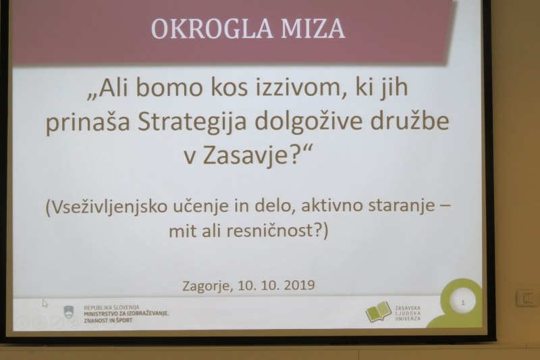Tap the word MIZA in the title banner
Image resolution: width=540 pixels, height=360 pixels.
pos(313,28)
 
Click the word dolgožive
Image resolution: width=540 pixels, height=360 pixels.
pos(308,122)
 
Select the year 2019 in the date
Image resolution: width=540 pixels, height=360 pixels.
pos(299,285)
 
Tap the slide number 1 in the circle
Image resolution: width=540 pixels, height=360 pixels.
pos(463,303)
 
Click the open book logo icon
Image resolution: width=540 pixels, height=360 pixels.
pos(379,312)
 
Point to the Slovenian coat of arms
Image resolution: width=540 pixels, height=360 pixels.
pos(69,312)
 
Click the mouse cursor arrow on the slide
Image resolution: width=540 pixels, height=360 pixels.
pos(45,303)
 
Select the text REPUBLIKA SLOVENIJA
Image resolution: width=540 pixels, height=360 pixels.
pos(111,307)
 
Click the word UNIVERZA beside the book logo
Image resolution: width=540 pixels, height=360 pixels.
pos(408,319)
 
